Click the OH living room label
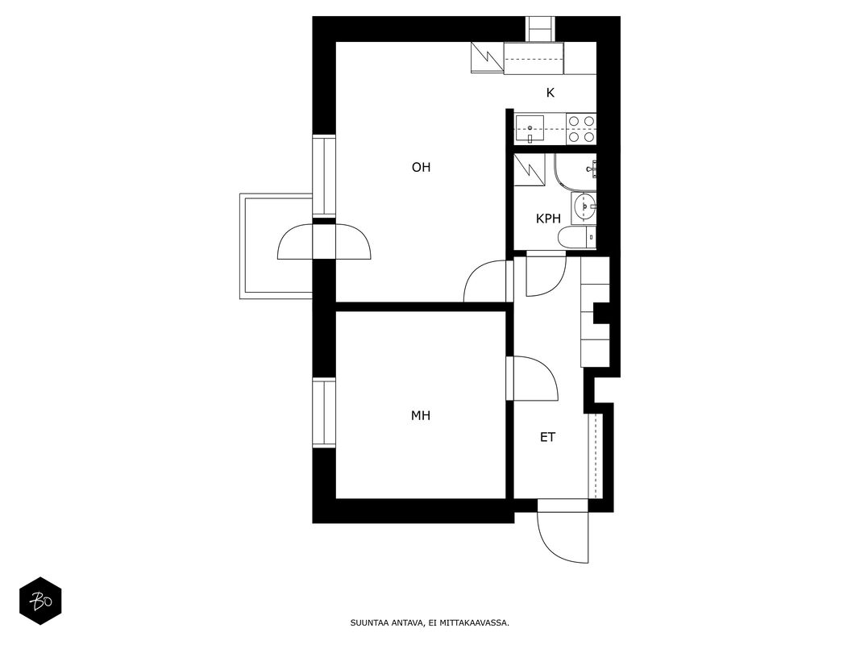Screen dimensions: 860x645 [x=421, y=167]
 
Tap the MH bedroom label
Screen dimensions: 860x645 [x=421, y=416]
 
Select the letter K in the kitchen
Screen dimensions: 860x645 [x=550, y=94]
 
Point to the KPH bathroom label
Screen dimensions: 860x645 [x=548, y=218]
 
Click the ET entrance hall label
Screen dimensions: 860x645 [x=547, y=437]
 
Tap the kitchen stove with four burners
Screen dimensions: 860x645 [x=581, y=128]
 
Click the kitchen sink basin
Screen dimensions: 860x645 [x=530, y=129]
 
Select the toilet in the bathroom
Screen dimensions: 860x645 [x=576, y=238]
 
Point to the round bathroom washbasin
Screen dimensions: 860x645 [x=584, y=208]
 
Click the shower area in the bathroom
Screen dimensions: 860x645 [x=575, y=171]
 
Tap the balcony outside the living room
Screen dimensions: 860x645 [x=276, y=246]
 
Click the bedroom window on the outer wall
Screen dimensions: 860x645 [x=323, y=413]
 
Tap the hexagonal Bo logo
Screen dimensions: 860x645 [x=40, y=601]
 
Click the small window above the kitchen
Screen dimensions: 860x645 [x=541, y=28]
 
